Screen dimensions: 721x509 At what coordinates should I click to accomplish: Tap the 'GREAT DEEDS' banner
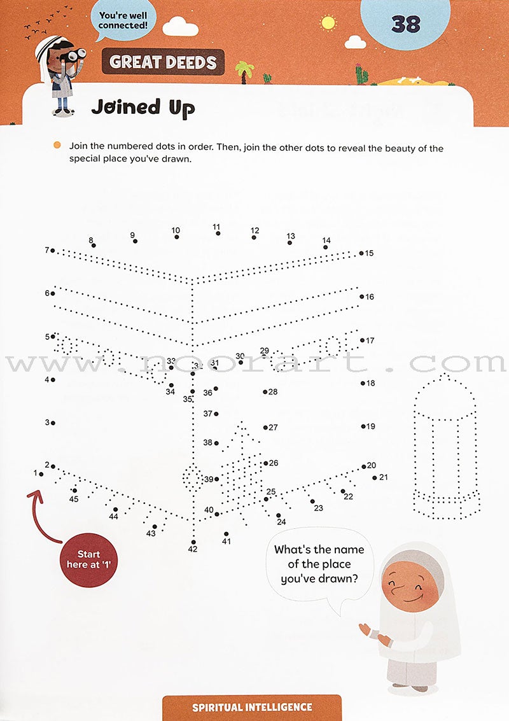(163, 62)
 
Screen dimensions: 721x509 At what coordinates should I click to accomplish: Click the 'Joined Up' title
(143, 108)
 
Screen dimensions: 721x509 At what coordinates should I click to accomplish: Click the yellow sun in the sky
(328, 23)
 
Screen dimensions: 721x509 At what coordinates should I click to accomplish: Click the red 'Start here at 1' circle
(88, 555)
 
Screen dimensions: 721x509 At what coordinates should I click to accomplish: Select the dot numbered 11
(218, 234)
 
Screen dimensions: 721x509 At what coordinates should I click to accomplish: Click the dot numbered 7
(53, 251)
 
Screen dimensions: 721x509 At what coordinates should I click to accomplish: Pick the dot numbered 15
(361, 253)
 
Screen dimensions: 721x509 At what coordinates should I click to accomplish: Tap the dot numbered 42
(193, 542)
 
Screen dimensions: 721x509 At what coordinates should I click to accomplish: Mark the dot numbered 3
(53, 423)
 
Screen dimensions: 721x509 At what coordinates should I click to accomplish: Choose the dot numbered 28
(265, 392)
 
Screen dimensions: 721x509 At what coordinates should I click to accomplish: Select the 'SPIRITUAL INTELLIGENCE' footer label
(252, 707)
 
